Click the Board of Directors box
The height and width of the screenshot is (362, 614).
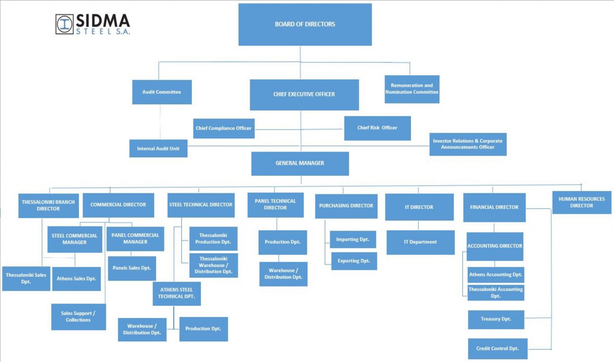[305, 24]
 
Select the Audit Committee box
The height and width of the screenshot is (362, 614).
[162, 92]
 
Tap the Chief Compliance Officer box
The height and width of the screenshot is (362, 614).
[224, 128]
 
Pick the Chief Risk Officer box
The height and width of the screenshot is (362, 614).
[377, 128]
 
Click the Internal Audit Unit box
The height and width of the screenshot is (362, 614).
[158, 148]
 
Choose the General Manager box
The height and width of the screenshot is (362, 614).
[300, 163]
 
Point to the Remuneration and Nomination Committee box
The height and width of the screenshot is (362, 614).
[412, 89]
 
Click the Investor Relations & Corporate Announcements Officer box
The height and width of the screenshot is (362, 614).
[468, 144]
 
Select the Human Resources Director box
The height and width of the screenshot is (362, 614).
[581, 202]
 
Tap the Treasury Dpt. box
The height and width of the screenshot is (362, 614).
[496, 319]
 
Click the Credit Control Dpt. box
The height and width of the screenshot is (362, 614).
[497, 349]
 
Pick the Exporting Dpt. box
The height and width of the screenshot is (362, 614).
[354, 261]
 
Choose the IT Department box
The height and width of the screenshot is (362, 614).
[420, 242]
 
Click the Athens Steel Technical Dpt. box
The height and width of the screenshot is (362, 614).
[177, 293]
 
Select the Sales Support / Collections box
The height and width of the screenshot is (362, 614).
[78, 317]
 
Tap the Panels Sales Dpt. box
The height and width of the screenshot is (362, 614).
[132, 268]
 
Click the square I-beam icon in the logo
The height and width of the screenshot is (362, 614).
[65, 24]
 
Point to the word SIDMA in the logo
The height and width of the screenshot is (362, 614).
[103, 21]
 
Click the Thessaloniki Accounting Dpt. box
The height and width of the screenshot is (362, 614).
[495, 293]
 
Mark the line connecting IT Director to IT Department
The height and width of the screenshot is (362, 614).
[418, 225]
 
